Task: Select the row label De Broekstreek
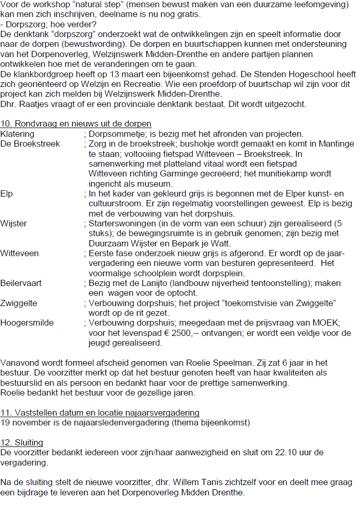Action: pyautogui.click(x=30, y=144)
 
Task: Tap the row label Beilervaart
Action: pyautogui.click(x=21, y=283)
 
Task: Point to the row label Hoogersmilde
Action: pyautogui.click(x=27, y=323)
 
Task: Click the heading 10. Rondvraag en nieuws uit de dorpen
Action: pyautogui.click(x=76, y=123)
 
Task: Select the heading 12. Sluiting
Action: pyautogui.click(x=22, y=442)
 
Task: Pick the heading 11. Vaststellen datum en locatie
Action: pyautogui.click(x=100, y=413)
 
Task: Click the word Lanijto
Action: pyautogui.click(x=147, y=283)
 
